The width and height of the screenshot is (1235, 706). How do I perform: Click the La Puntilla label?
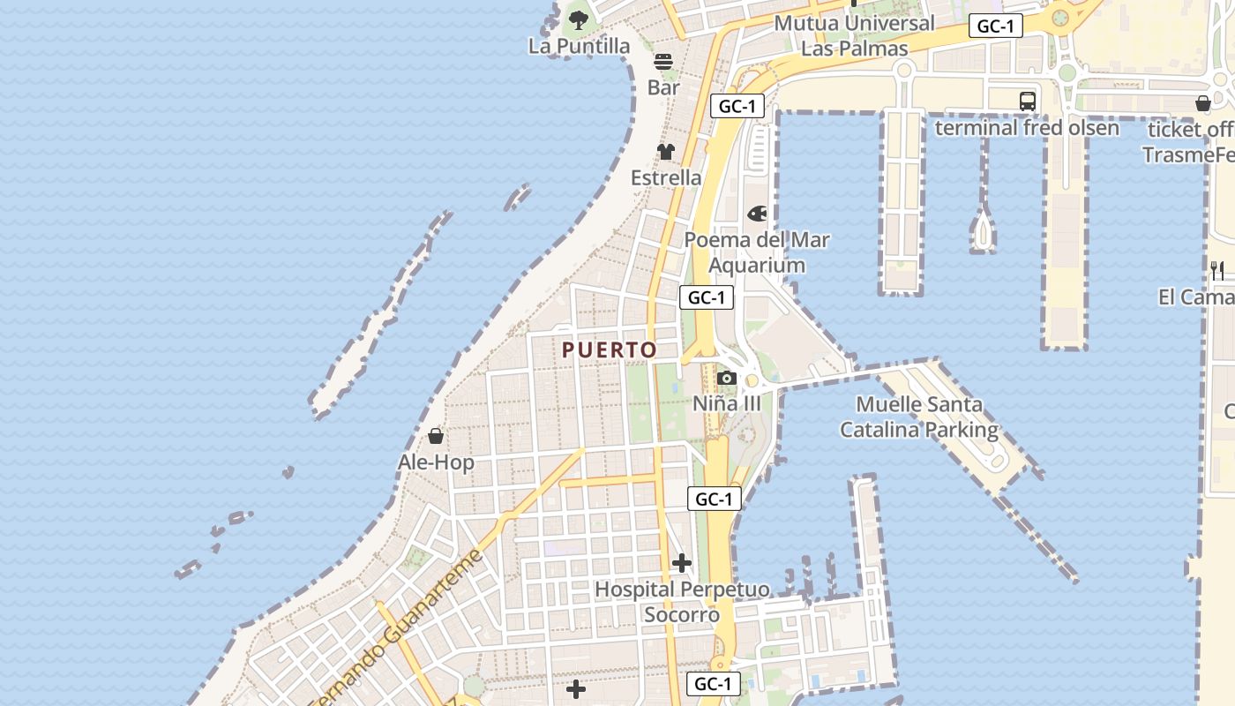[x=580, y=46]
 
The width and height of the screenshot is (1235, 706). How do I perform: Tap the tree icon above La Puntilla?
[x=579, y=19]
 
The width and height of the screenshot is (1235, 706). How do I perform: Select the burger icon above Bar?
[x=663, y=62]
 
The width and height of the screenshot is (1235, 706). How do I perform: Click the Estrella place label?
[x=666, y=177]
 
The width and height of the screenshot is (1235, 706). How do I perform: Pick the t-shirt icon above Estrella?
[x=666, y=152]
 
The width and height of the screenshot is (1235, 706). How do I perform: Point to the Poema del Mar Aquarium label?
[x=757, y=252]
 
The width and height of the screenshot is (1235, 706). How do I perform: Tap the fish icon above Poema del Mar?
[x=757, y=214]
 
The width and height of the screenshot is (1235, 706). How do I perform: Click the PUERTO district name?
[x=610, y=349]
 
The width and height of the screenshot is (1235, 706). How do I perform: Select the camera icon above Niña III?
[x=727, y=378]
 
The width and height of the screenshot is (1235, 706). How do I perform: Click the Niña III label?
[x=726, y=403]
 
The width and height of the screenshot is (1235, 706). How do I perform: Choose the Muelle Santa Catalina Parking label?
[x=919, y=417]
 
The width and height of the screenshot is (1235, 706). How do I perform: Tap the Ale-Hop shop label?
[x=436, y=462]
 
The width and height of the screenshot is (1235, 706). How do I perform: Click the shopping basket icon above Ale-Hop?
[x=435, y=436]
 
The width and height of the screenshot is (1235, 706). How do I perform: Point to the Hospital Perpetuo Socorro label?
[x=682, y=602]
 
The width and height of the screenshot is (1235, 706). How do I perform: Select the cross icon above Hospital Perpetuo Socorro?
[x=682, y=563]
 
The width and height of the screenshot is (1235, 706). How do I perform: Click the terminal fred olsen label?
[x=1027, y=128]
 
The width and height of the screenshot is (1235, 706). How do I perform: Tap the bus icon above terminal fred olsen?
[x=1028, y=101]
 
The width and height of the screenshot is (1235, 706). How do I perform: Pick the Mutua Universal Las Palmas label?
[x=854, y=35]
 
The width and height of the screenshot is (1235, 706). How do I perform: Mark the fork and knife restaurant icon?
[x=1217, y=271]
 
